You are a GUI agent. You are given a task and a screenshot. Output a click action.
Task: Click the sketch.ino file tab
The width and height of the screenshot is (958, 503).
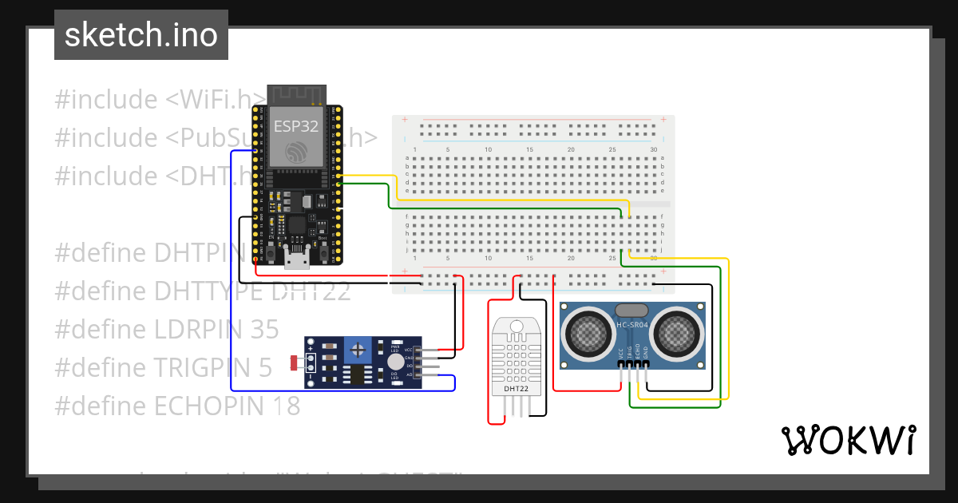(x=141, y=35)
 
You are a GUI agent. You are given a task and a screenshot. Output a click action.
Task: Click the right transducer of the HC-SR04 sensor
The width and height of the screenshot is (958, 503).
(x=677, y=330)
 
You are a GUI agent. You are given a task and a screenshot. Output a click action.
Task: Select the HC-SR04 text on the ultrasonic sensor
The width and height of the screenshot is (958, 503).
(x=632, y=324)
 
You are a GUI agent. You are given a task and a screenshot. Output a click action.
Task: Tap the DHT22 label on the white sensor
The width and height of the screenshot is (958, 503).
(x=516, y=389)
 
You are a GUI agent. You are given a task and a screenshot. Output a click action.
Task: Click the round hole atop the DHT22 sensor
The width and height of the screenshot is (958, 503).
(x=516, y=327)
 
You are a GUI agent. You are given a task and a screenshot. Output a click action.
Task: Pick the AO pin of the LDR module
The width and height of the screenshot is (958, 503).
(x=409, y=374)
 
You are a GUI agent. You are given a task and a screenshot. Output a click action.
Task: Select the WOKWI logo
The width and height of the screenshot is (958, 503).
(x=847, y=440)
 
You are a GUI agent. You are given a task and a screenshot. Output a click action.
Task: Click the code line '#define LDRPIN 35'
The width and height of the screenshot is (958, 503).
(x=167, y=329)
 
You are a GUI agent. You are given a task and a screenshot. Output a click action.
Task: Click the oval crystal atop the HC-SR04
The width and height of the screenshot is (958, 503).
(x=632, y=310)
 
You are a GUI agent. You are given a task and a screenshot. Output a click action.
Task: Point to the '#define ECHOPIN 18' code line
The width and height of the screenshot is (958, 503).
(x=177, y=406)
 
